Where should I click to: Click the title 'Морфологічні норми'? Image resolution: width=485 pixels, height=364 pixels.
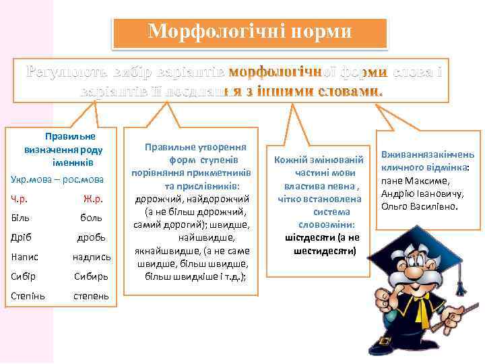pos(250,32)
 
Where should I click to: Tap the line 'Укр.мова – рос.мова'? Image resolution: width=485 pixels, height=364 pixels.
pos(57,179)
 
